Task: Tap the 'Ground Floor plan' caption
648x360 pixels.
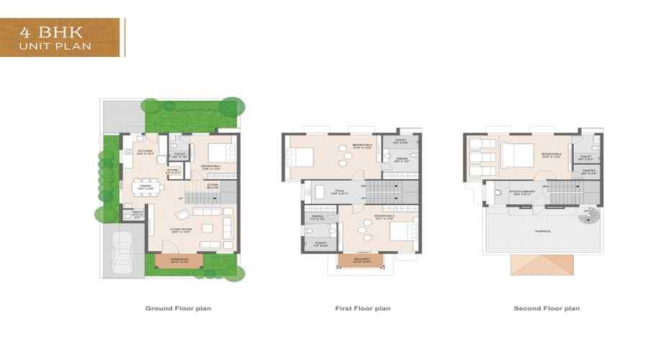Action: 178,308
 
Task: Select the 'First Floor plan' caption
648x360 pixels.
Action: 362,308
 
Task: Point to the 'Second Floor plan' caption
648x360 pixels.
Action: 546,308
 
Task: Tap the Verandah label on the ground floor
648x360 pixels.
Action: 179,260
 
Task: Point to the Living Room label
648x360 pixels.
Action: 181,230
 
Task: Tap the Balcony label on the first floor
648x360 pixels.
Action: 362,260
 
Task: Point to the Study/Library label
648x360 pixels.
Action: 521,192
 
